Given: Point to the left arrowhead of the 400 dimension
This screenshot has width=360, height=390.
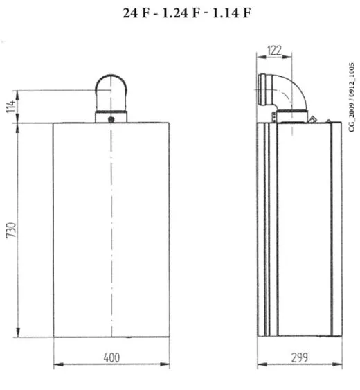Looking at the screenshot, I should coord(57,365).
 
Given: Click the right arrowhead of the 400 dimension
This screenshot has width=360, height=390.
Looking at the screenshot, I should coord(167,365).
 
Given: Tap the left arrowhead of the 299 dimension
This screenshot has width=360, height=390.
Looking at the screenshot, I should coord(260,365).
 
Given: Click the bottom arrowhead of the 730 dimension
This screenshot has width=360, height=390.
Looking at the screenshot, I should coord(19,335).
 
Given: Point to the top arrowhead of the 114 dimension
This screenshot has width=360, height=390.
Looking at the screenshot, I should coord(19,92).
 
